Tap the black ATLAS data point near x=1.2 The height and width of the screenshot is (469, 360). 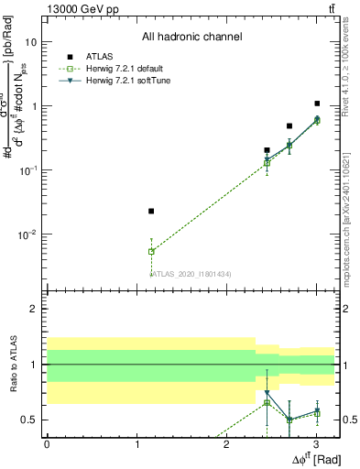click(x=151, y=211)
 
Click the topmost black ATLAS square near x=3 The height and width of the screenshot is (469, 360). click(x=317, y=104)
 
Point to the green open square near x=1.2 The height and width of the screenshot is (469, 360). click(x=151, y=251)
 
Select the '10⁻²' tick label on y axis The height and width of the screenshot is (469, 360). click(x=29, y=234)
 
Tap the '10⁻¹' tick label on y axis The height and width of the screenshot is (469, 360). click(x=29, y=170)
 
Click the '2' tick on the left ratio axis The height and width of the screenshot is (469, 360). click(x=34, y=309)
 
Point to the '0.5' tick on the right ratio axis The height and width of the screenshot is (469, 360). click(x=349, y=420)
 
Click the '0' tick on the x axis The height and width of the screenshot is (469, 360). click(x=47, y=444)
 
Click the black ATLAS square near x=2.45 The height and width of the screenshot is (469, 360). click(x=267, y=149)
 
